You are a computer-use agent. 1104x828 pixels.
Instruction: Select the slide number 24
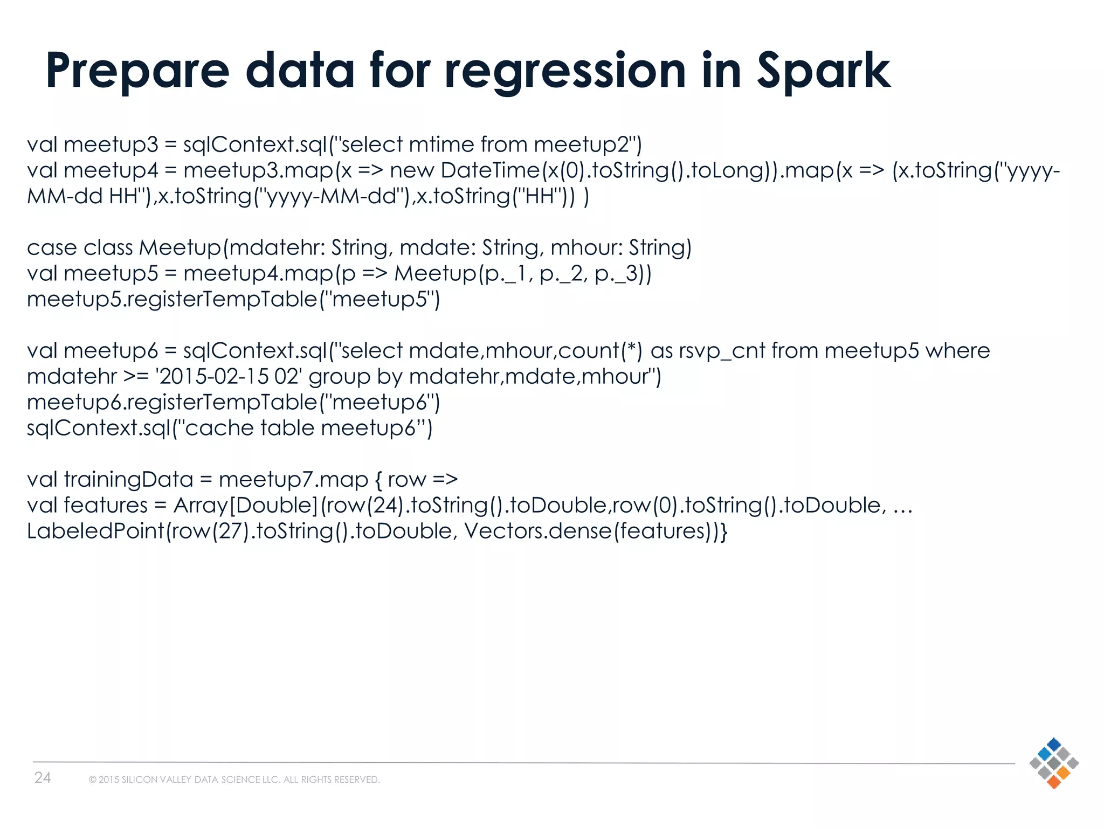click(43, 777)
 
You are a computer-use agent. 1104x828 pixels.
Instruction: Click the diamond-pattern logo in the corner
click(1053, 763)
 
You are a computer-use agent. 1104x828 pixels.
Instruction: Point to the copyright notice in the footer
click(234, 779)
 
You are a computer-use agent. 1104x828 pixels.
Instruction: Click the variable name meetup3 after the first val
click(111, 144)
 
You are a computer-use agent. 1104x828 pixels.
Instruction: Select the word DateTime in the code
click(489, 170)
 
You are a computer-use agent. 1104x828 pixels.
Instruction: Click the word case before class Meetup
click(52, 248)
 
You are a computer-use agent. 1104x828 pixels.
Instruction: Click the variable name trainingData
click(128, 479)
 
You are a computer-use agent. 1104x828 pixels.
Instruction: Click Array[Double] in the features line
click(246, 505)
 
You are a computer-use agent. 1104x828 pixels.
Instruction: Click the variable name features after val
click(106, 505)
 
